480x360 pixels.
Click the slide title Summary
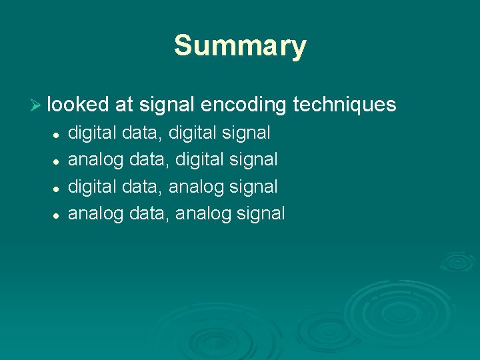(240, 46)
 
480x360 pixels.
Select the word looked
(78, 105)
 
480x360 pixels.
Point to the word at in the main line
(123, 105)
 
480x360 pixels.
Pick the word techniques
(345, 105)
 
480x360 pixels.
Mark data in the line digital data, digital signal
(141, 133)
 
